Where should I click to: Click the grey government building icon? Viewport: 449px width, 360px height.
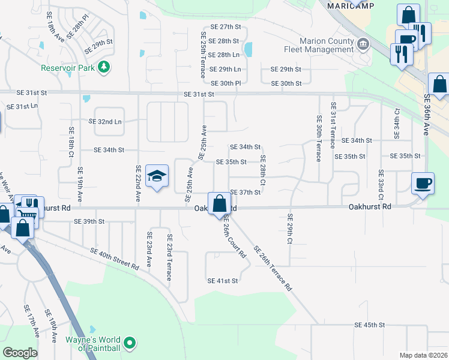click(x=363, y=45)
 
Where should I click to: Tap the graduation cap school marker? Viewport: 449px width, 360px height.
click(x=157, y=176)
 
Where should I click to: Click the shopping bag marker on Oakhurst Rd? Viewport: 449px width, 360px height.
click(x=219, y=203)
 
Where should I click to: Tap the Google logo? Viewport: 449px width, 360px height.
click(x=20, y=353)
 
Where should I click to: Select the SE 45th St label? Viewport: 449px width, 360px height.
click(x=369, y=325)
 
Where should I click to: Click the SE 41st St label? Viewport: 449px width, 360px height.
click(x=223, y=281)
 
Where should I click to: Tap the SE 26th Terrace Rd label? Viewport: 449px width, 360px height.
click(x=273, y=268)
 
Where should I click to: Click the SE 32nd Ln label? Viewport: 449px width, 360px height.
click(x=105, y=121)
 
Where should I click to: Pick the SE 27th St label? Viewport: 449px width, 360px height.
click(x=225, y=27)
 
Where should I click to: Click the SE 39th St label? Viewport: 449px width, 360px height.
click(x=89, y=221)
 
